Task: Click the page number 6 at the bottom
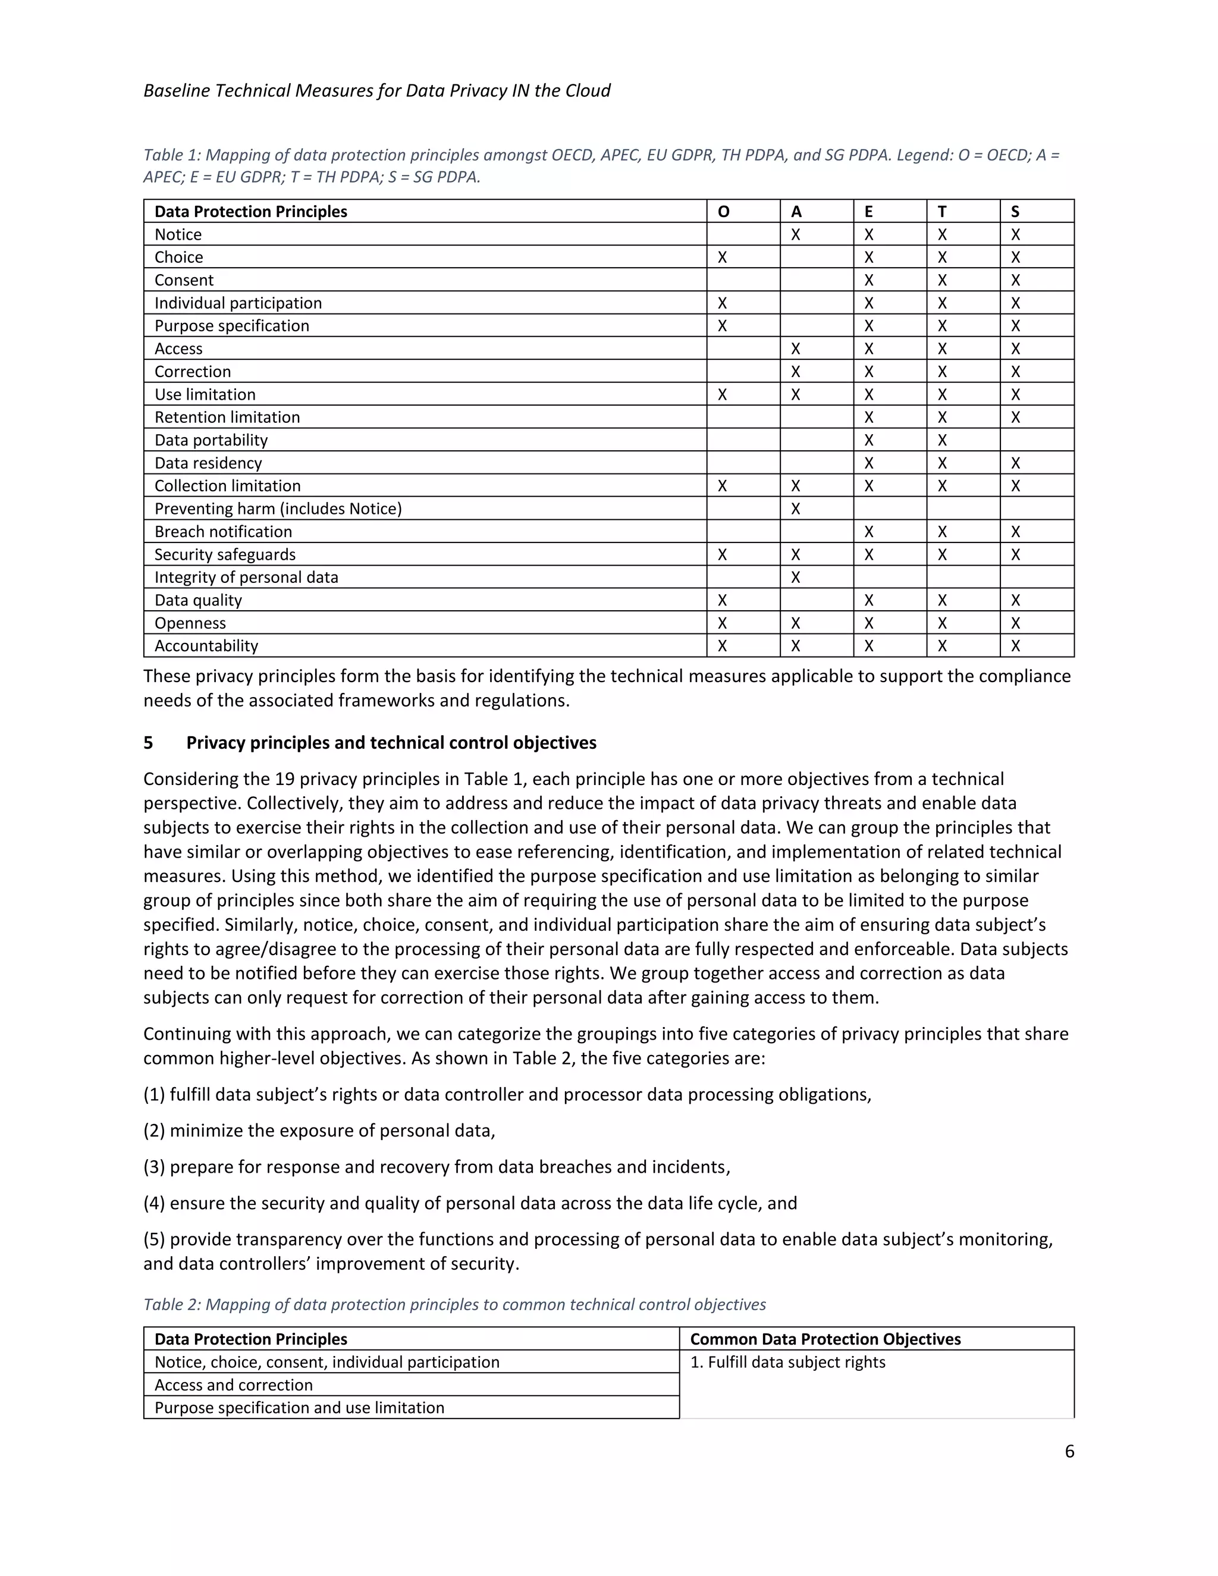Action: [1069, 1451]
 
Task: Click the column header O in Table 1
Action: [723, 212]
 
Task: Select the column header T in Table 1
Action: [941, 212]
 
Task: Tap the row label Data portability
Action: [211, 440]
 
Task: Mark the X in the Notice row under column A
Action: [795, 234]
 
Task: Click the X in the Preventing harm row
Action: [795, 508]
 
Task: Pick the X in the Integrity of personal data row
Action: [795, 577]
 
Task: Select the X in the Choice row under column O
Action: [722, 258]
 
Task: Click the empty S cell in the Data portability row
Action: [1036, 440]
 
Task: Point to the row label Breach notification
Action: [223, 532]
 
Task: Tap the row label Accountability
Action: [206, 646]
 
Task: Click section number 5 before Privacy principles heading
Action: [148, 743]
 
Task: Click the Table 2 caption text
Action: [454, 1304]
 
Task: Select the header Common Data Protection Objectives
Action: [825, 1339]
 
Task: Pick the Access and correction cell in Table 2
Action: [234, 1385]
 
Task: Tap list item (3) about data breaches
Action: [437, 1167]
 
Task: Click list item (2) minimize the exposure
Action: [319, 1131]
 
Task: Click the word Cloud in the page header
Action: [588, 91]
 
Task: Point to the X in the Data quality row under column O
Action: [722, 601]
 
